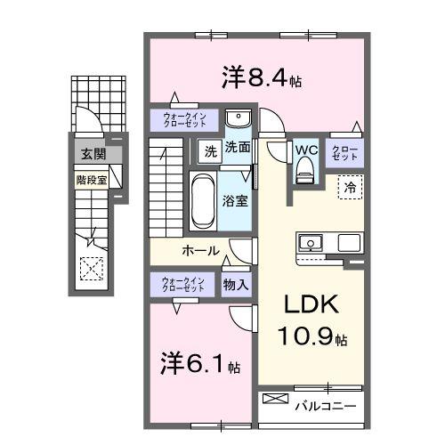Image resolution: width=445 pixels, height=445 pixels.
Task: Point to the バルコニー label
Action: (326, 405)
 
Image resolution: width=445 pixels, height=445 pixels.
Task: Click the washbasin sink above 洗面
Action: (236, 120)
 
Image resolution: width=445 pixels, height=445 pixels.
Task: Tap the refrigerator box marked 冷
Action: (350, 188)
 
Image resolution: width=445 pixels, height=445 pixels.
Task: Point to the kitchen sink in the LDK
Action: (311, 242)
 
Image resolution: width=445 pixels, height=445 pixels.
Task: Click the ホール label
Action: (201, 251)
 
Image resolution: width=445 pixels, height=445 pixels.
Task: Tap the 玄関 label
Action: (93, 154)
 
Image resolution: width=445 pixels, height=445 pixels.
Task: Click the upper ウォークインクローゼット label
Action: (183, 118)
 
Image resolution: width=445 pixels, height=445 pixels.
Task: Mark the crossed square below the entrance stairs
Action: (91, 267)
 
